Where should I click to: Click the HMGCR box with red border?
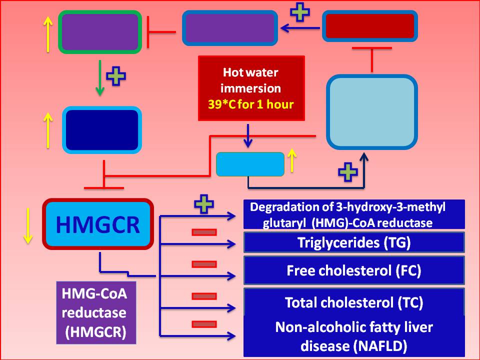click(x=97, y=224)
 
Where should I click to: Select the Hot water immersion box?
click(x=251, y=88)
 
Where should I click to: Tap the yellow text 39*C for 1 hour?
click(x=251, y=105)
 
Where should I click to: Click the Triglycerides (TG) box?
click(x=354, y=242)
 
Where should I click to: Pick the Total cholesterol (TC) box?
click(x=354, y=302)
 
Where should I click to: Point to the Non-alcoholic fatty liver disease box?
click(x=354, y=336)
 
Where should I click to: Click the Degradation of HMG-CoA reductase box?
click(x=354, y=214)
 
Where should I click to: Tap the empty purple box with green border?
click(x=99, y=31)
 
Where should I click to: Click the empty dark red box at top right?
click(x=370, y=26)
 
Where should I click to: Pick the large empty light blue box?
click(x=372, y=112)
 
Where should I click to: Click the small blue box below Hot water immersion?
click(x=250, y=164)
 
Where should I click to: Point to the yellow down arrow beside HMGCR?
click(x=28, y=225)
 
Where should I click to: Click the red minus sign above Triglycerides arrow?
click(x=204, y=232)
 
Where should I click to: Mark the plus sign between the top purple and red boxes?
click(x=300, y=12)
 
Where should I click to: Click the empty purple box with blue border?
click(x=229, y=27)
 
